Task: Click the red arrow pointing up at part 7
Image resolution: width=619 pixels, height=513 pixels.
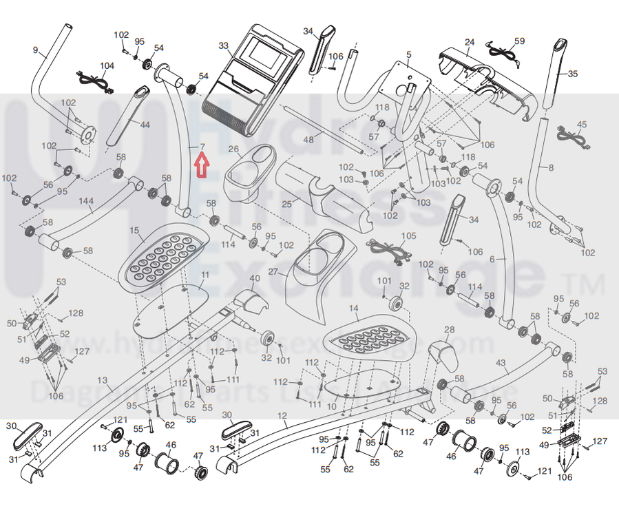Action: click(x=202, y=166)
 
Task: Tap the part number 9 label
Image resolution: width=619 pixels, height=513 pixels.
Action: click(x=35, y=50)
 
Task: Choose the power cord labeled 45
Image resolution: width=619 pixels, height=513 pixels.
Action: click(x=571, y=136)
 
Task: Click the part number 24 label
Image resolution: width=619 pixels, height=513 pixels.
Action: click(x=469, y=42)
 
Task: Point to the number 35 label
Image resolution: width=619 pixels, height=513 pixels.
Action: click(x=573, y=74)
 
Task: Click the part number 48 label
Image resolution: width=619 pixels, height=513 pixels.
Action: click(x=308, y=139)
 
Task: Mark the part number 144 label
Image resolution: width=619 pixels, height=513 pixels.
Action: click(x=86, y=200)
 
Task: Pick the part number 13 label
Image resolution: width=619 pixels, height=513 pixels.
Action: click(x=103, y=380)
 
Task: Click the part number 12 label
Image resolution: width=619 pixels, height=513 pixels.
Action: click(x=282, y=415)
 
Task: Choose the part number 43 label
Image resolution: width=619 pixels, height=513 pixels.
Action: click(x=501, y=362)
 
